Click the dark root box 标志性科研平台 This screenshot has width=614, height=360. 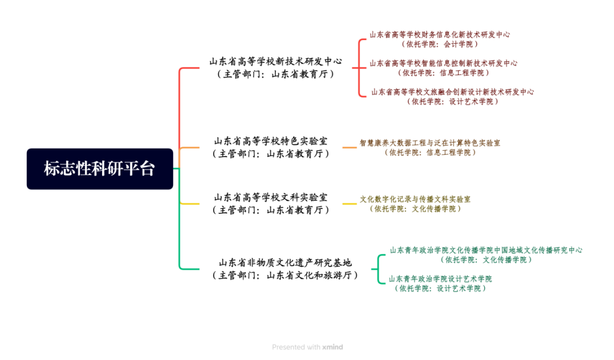(100, 169)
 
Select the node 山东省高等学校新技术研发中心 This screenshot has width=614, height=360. (276, 67)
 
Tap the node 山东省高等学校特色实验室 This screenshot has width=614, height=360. (271, 148)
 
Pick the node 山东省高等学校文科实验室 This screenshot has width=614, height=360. (271, 203)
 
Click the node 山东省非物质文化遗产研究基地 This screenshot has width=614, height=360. (285, 269)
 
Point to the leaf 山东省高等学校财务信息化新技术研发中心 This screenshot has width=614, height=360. (439, 39)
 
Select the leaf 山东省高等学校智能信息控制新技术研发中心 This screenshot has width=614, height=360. (443, 68)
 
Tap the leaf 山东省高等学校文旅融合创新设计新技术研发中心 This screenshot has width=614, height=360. (453, 96)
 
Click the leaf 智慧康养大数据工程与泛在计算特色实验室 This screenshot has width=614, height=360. (430, 148)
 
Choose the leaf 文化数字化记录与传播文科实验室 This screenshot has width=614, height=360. (415, 204)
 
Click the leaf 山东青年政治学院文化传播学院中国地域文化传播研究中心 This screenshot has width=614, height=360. (486, 255)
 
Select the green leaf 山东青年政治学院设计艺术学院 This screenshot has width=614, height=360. (440, 283)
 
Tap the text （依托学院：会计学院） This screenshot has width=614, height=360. (439, 44)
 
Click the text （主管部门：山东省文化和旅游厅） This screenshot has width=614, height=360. (285, 275)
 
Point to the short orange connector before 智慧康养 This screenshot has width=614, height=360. (350, 148)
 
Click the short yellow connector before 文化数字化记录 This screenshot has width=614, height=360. (350, 204)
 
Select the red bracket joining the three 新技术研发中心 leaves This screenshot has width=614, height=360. (359, 68)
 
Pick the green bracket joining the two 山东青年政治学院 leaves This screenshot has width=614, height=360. (378, 269)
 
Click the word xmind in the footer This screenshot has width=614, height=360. (332, 347)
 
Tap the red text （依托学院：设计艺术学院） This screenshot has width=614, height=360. (453, 101)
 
